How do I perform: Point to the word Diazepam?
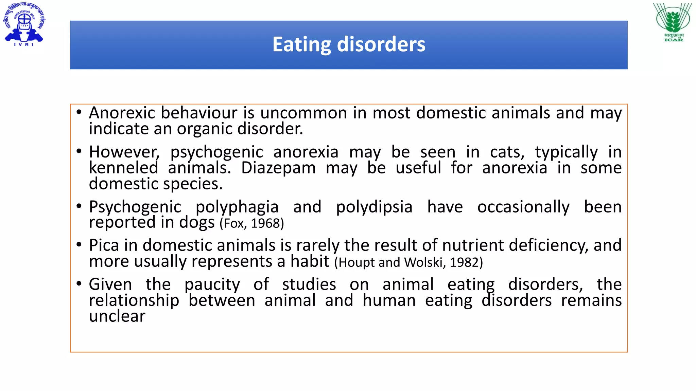click(278, 168)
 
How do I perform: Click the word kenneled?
click(123, 168)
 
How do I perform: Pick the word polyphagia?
click(237, 207)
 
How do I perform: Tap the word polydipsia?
click(374, 207)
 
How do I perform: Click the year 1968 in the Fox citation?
click(265, 223)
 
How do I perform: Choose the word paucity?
click(212, 284)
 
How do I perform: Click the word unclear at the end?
click(117, 316)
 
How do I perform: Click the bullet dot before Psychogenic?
click(79, 206)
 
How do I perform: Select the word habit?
click(310, 261)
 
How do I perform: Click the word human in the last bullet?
click(389, 300)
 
